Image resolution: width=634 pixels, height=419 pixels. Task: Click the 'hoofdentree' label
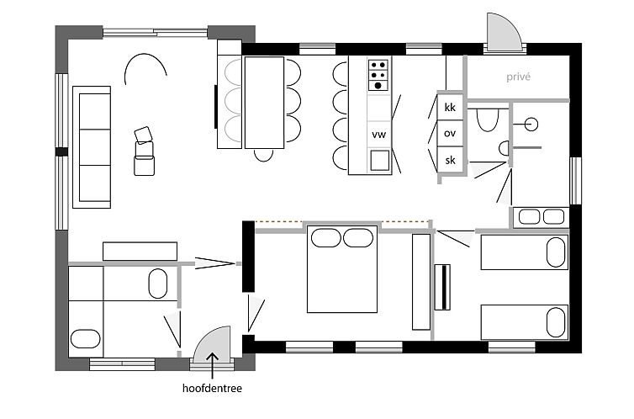pos(212,388)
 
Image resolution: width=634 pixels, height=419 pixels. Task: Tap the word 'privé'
pos(518,77)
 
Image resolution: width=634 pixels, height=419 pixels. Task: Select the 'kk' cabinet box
pos(450,107)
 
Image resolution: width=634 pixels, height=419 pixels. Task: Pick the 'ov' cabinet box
pos(450,133)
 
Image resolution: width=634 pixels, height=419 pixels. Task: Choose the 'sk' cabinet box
pos(450,160)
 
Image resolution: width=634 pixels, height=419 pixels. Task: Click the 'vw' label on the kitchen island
pos(379,135)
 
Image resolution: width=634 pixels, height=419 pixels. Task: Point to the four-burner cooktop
pos(378,75)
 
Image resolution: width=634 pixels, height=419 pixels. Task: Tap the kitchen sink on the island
pos(380,160)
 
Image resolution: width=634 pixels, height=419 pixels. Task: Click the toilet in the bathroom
pos(487,119)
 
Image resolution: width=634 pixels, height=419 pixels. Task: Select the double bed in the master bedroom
pos(342,269)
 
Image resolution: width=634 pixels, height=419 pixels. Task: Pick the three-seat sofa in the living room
pos(92,147)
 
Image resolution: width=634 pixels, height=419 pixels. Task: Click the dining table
pos(264,103)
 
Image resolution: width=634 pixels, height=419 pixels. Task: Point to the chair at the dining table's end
pos(264,155)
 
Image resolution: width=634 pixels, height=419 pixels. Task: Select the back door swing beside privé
pos(505,31)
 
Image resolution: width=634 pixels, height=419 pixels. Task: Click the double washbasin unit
pos(542,217)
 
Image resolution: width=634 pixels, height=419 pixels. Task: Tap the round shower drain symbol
pos(531,125)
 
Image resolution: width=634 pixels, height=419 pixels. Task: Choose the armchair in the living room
pos(145,151)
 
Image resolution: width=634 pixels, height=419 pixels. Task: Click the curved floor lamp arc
pos(145,55)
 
